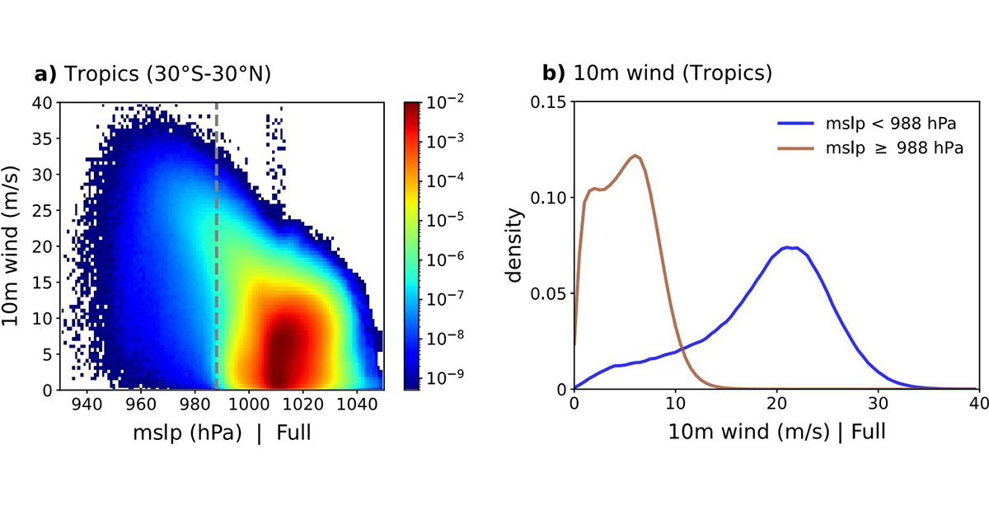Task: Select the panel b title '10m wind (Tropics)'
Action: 667,74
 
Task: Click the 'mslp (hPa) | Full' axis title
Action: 222,432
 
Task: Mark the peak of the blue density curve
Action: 790,247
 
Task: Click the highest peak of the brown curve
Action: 635,156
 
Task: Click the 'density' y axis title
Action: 515,245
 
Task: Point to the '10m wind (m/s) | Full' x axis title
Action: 776,432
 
